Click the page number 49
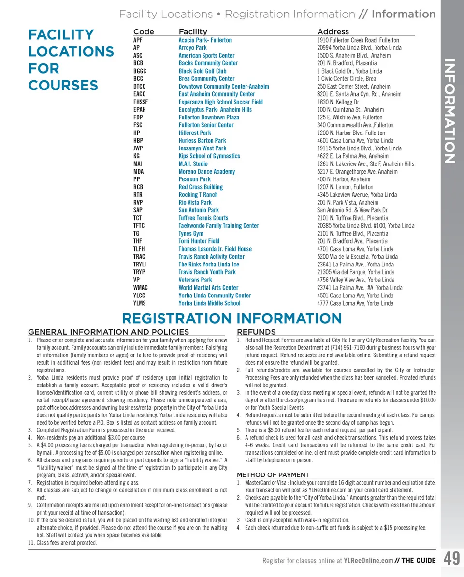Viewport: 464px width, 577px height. click(451, 560)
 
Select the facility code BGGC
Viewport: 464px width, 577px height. click(140, 71)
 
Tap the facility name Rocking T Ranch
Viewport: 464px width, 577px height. click(198, 195)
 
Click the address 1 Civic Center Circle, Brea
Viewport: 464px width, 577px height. click(347, 79)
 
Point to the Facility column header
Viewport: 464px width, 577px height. click(193, 31)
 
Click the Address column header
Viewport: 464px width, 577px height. click(333, 31)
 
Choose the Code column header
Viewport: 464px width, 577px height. click(144, 31)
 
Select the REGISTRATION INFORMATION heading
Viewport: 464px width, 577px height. click(232, 319)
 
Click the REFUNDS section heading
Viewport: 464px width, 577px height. click(256, 332)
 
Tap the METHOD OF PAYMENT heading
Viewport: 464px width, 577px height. click(273, 475)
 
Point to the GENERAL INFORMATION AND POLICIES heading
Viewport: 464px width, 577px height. click(109, 332)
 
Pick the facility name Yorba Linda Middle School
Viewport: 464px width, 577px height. click(209, 303)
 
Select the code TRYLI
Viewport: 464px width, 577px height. click(140, 265)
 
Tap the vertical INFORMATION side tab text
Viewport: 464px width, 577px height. click(449, 111)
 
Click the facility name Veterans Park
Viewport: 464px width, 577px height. click(195, 280)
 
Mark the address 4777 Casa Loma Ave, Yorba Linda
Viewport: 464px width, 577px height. click(355, 303)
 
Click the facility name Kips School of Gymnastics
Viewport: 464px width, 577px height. click(209, 156)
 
